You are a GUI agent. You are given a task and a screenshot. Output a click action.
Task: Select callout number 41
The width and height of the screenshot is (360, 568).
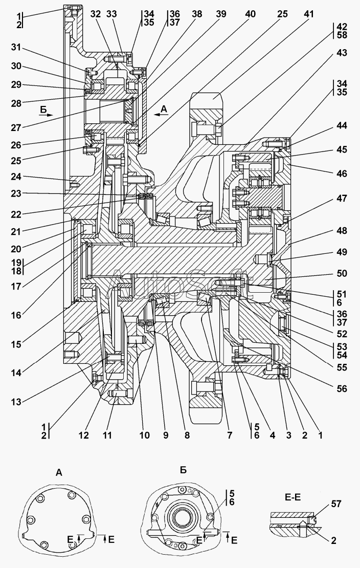pyautogui.click(x=308, y=14)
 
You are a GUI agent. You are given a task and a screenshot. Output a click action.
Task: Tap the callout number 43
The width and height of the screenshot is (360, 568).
pyautogui.click(x=342, y=53)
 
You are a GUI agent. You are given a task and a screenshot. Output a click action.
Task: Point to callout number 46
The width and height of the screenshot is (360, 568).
pyautogui.click(x=342, y=174)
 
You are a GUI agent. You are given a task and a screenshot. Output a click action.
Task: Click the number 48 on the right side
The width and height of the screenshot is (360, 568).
pyautogui.click(x=342, y=231)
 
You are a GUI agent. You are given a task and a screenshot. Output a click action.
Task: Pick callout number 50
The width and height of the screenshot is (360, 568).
pyautogui.click(x=342, y=273)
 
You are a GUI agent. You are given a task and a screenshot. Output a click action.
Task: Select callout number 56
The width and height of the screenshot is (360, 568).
pyautogui.click(x=342, y=389)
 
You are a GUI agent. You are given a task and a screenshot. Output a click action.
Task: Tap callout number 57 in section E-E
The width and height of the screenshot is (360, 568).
pyautogui.click(x=336, y=504)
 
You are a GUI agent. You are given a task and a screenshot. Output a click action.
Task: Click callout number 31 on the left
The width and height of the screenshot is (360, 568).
pyautogui.click(x=16, y=48)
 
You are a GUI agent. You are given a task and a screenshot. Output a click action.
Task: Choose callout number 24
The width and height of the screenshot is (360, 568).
pyautogui.click(x=16, y=177)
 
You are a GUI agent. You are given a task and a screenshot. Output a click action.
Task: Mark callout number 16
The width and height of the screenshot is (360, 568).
pyautogui.click(x=16, y=315)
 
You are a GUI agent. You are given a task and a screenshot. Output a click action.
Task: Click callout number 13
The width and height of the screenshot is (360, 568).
pyautogui.click(x=16, y=402)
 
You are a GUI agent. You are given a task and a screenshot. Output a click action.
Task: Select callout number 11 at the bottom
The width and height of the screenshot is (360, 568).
pyautogui.click(x=107, y=434)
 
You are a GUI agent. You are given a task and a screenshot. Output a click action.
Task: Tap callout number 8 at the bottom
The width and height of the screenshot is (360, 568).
pyautogui.click(x=187, y=434)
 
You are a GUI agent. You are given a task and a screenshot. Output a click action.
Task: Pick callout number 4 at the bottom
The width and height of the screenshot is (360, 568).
pyautogui.click(x=273, y=434)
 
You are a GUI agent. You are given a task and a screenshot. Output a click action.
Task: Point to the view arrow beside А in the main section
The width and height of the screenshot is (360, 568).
pyautogui.click(x=161, y=115)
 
